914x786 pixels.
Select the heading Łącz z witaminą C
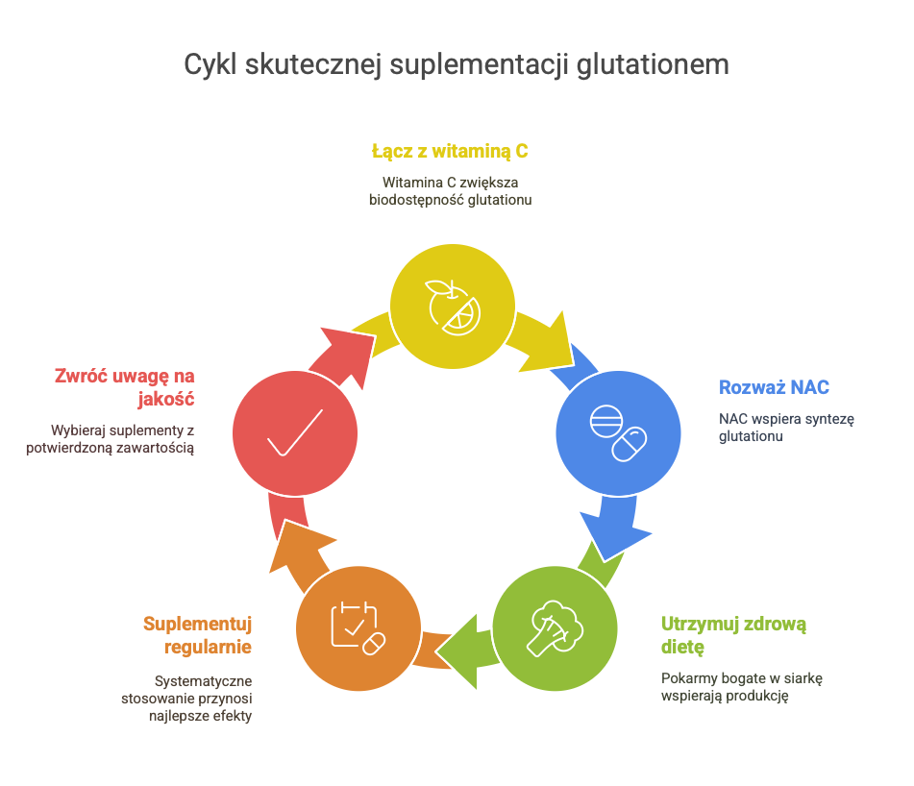click(450, 151)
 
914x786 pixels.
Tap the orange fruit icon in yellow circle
click(452, 306)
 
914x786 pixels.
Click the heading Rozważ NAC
click(774, 388)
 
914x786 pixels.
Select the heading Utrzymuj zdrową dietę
click(733, 634)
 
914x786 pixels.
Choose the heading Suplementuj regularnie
click(197, 635)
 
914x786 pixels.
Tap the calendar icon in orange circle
click(357, 628)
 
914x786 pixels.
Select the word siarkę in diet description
click(803, 678)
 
